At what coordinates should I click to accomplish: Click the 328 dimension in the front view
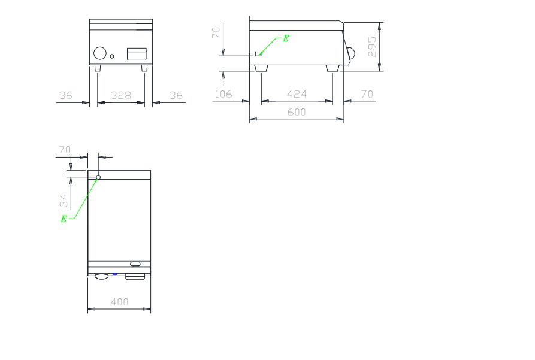(121, 95)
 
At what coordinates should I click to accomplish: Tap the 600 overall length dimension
(297, 112)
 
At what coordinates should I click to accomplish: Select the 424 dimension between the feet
(297, 94)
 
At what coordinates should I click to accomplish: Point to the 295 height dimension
(372, 47)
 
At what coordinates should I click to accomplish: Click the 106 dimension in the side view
(223, 94)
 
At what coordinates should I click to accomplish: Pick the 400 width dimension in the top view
(119, 302)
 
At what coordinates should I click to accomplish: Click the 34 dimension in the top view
(64, 201)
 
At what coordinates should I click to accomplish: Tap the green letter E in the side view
(286, 38)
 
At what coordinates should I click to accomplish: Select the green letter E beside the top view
(64, 219)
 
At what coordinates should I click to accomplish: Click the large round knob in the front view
(100, 53)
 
